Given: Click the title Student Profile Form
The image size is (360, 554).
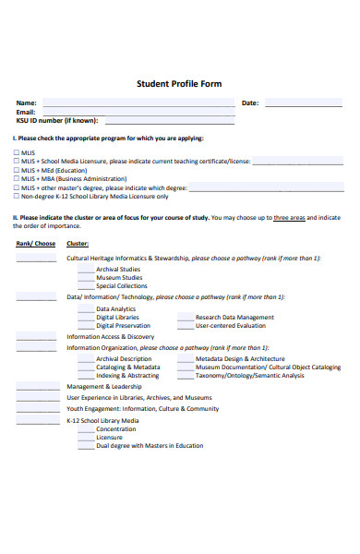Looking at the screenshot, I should click(x=179, y=84).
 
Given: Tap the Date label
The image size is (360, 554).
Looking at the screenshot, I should click(x=249, y=102).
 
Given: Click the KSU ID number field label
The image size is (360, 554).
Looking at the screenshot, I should click(x=55, y=120).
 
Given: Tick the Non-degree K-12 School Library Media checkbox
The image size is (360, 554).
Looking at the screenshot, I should click(x=17, y=196).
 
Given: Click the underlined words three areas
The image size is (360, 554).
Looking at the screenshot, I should click(x=289, y=218).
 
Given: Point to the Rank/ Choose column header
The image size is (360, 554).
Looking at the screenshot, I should click(x=36, y=244).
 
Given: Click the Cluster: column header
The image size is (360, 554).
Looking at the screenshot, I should click(x=78, y=244).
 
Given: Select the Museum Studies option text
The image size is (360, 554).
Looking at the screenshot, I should click(x=119, y=277).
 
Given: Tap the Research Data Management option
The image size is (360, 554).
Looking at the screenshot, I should click(x=234, y=317).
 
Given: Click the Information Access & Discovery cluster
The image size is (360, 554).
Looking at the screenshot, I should click(x=110, y=337).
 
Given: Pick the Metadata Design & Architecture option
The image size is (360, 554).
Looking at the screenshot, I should click(x=240, y=358).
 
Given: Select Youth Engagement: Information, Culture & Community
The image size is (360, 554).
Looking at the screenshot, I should click(x=142, y=408).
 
